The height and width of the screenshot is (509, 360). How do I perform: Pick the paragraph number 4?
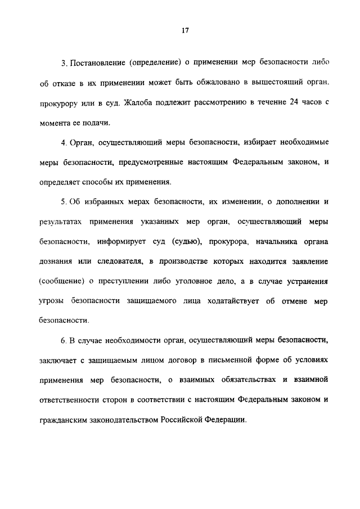click(x=64, y=142)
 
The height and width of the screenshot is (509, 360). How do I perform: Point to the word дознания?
click(x=55, y=261)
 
